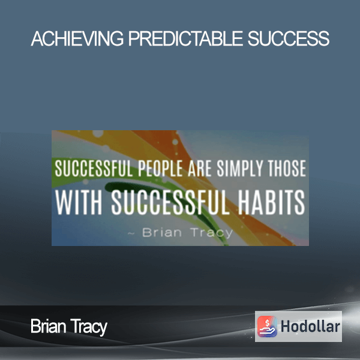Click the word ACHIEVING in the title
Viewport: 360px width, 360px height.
[x=77, y=38]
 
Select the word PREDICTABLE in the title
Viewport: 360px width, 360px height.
[x=185, y=38]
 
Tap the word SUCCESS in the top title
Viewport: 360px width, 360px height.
[x=289, y=38]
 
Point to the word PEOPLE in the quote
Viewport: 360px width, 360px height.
[x=160, y=169]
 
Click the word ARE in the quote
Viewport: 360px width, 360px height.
[x=200, y=169]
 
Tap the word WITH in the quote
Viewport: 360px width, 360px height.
[x=78, y=203]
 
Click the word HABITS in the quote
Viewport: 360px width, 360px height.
[x=271, y=203]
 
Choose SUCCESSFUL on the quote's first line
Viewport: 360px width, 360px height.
[x=94, y=169]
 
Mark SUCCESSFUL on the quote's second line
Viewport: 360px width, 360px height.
[x=170, y=203]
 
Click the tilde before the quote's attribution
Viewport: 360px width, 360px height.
[x=131, y=234]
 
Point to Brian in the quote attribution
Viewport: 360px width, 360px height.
[x=162, y=232]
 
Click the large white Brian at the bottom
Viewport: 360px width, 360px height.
[x=49, y=326]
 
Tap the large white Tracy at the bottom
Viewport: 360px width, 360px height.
[x=89, y=327]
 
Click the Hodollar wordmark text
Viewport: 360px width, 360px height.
[x=310, y=326]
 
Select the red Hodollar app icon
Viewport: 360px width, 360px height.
[x=267, y=326]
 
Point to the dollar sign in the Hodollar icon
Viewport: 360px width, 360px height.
[x=267, y=323]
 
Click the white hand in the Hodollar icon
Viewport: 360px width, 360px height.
[x=267, y=331]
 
